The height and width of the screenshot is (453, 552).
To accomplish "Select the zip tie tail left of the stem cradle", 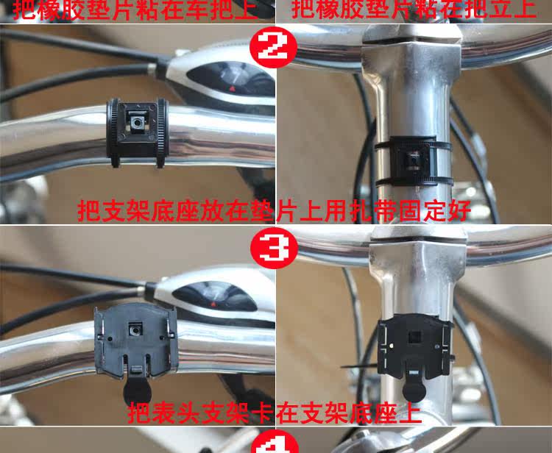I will tap(356, 364).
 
